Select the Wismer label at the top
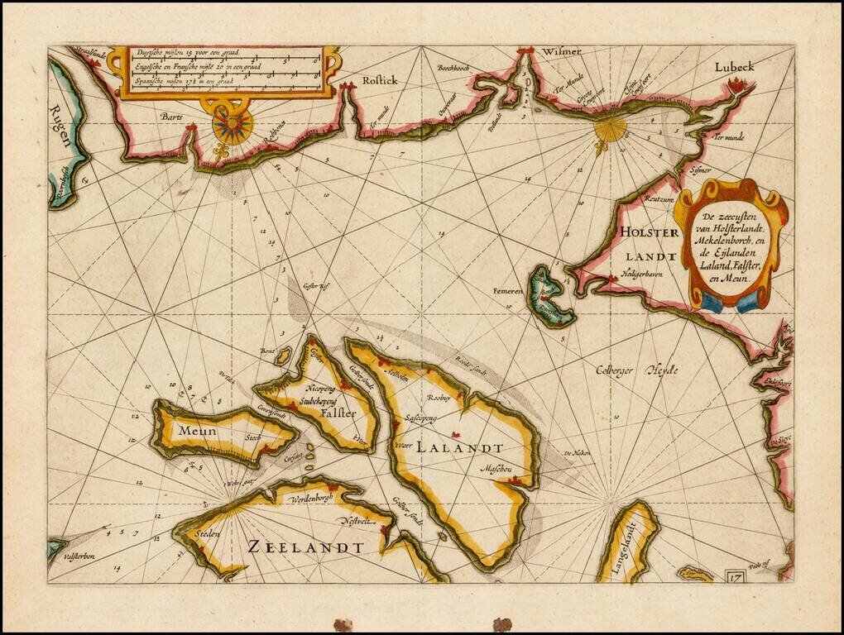[562, 51]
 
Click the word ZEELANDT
[305, 547]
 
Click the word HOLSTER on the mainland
[646, 233]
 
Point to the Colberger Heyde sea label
[637, 370]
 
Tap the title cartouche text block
[727, 247]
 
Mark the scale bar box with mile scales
[225, 71]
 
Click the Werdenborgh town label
[311, 499]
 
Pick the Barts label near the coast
[172, 117]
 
